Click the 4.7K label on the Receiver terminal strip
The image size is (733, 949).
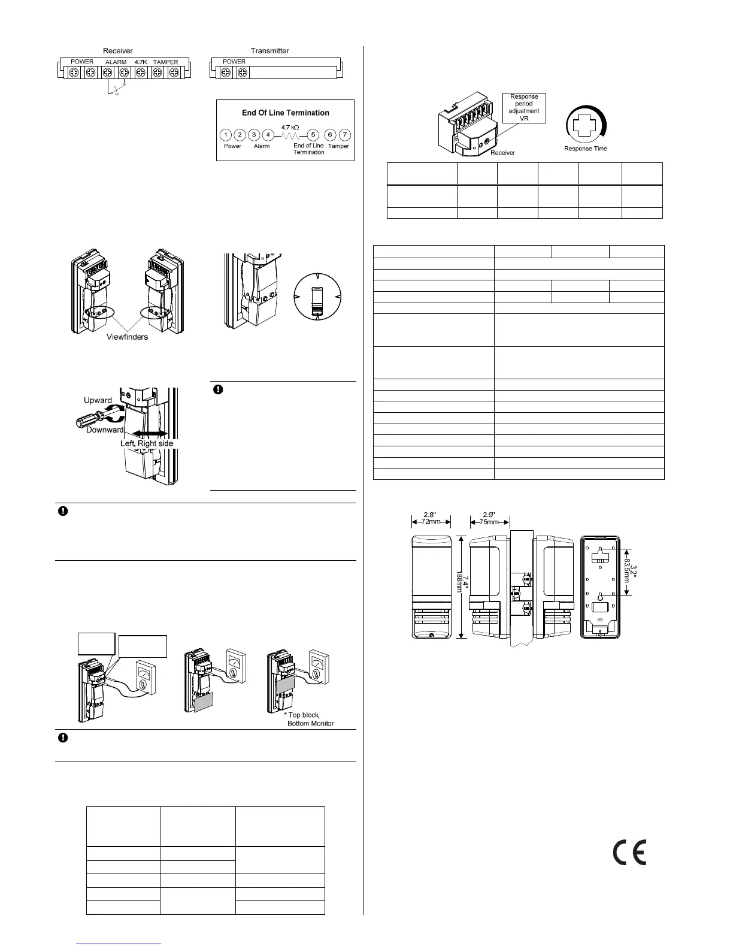point(141,62)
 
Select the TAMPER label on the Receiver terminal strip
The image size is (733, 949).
point(165,62)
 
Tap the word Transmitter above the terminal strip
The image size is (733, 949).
point(269,51)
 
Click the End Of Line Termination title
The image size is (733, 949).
point(285,113)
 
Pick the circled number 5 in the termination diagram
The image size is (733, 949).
point(313,135)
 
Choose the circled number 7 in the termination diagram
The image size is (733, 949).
point(344,135)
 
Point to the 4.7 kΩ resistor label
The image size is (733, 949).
point(290,128)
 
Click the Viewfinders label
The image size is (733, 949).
point(128,337)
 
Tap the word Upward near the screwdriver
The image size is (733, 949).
point(98,400)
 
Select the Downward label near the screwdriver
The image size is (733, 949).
point(104,430)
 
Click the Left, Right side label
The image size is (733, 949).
point(147,443)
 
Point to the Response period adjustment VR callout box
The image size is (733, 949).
point(524,107)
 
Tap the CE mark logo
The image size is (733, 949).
point(629,852)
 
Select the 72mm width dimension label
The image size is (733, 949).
point(431,521)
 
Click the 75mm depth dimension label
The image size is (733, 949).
point(489,521)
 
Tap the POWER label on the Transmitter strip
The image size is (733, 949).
point(234,62)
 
